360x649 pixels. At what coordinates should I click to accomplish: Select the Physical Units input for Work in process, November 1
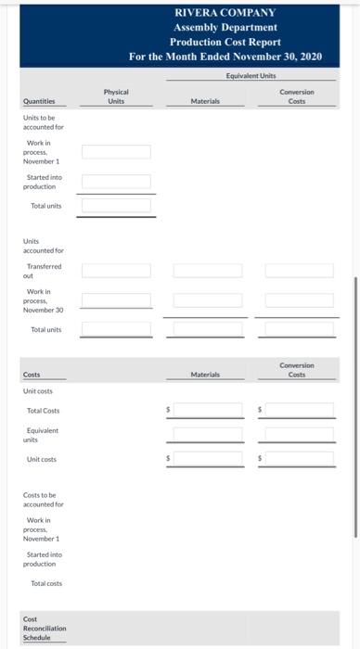click(116, 152)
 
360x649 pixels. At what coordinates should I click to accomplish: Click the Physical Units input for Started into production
click(116, 182)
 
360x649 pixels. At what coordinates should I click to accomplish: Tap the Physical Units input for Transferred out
click(116, 271)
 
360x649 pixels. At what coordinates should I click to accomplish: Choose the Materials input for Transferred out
click(208, 271)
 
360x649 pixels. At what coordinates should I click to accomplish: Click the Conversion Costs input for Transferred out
click(299, 271)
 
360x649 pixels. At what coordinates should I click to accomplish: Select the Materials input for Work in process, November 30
click(208, 300)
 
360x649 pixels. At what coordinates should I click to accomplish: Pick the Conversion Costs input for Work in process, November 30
click(299, 300)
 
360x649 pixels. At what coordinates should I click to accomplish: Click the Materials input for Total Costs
click(208, 409)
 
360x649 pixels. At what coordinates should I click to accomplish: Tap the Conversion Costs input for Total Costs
click(299, 409)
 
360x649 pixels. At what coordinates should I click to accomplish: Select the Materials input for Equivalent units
click(208, 434)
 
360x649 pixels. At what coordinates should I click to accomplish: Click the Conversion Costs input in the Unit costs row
click(299, 458)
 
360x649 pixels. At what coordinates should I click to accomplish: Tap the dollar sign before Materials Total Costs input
click(169, 409)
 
